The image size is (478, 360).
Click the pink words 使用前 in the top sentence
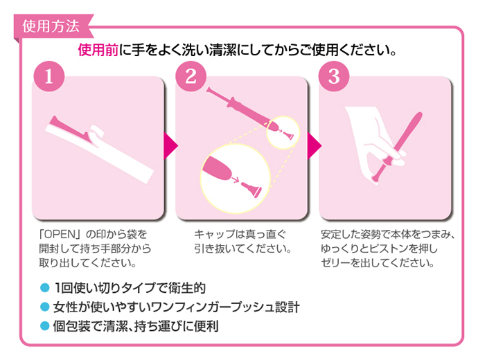[x=98, y=50]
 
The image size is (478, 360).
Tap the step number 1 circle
[x=49, y=76]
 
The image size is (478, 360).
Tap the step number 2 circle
[x=191, y=76]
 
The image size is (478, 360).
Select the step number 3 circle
[x=334, y=76]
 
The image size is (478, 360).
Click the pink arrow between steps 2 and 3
[x=314, y=145]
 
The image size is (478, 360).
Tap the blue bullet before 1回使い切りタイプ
[x=45, y=288]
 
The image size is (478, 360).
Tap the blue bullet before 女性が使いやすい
[x=45, y=307]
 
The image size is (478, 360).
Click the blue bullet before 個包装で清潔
[x=45, y=326]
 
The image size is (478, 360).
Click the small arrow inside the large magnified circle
[x=235, y=180]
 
